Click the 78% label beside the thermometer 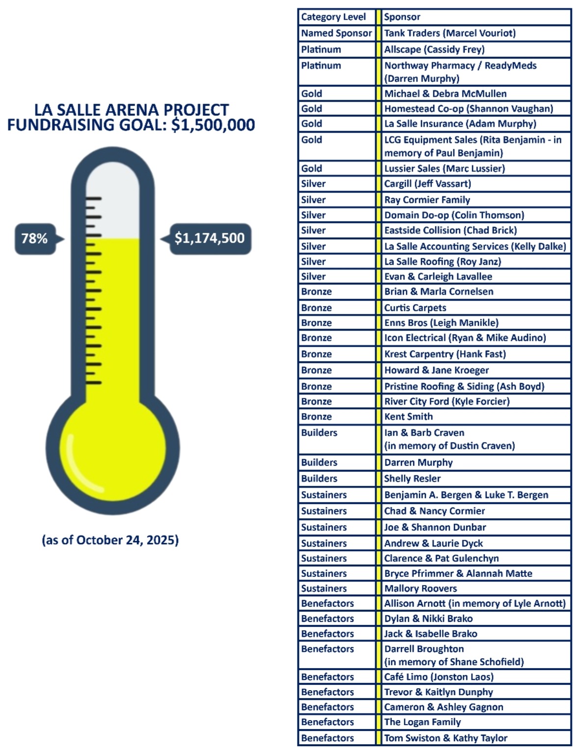pyautogui.click(x=35, y=239)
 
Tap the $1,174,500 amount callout pyautogui.click(x=210, y=239)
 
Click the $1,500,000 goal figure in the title pyautogui.click(x=213, y=125)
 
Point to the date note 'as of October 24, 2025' pyautogui.click(x=110, y=540)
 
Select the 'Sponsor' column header pyautogui.click(x=402, y=17)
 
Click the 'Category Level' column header pyautogui.click(x=334, y=17)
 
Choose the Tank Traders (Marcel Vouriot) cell pyautogui.click(x=450, y=33)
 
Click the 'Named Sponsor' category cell pyautogui.click(x=337, y=33)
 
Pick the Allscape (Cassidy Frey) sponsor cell pyautogui.click(x=434, y=50)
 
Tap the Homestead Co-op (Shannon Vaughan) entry pyautogui.click(x=469, y=109)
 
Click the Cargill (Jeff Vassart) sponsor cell pyautogui.click(x=427, y=184)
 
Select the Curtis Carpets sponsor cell pyautogui.click(x=415, y=308)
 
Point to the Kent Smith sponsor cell pyautogui.click(x=408, y=417)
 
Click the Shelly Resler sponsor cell pyautogui.click(x=412, y=478)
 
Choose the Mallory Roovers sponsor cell pyautogui.click(x=421, y=588)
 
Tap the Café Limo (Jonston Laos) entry pyautogui.click(x=439, y=677)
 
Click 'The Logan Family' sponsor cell pyautogui.click(x=423, y=722)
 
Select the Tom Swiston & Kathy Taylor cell pyautogui.click(x=446, y=738)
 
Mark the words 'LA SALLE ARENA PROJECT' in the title pyautogui.click(x=132, y=110)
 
